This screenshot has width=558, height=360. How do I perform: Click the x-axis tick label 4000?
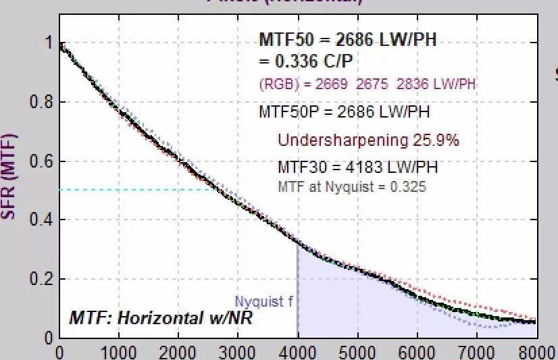(x=297, y=352)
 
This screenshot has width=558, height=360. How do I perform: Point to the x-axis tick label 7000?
(x=477, y=352)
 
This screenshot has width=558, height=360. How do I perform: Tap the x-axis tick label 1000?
(x=118, y=352)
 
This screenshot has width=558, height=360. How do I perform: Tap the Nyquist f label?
(x=264, y=302)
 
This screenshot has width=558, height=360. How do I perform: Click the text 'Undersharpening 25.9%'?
(x=368, y=140)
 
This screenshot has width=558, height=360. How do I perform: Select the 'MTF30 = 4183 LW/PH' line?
(x=357, y=167)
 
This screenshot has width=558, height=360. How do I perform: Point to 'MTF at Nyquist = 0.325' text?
(x=352, y=186)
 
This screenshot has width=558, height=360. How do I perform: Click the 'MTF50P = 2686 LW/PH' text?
(x=344, y=111)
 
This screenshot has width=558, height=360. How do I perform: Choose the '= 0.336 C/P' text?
(x=305, y=61)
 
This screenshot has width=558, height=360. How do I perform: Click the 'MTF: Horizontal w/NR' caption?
(x=161, y=317)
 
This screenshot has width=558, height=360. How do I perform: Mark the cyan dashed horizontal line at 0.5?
(x=135, y=190)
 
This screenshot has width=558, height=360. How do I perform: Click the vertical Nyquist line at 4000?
(x=297, y=290)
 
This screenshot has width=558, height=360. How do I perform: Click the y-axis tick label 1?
(x=48, y=43)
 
